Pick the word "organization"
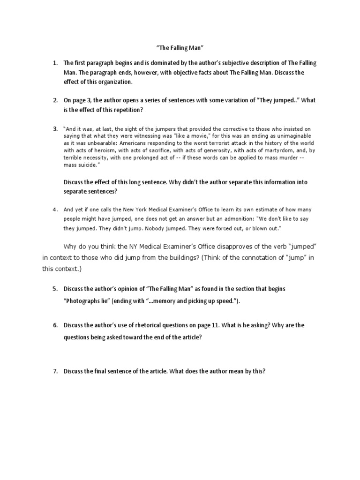[x=113, y=82]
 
